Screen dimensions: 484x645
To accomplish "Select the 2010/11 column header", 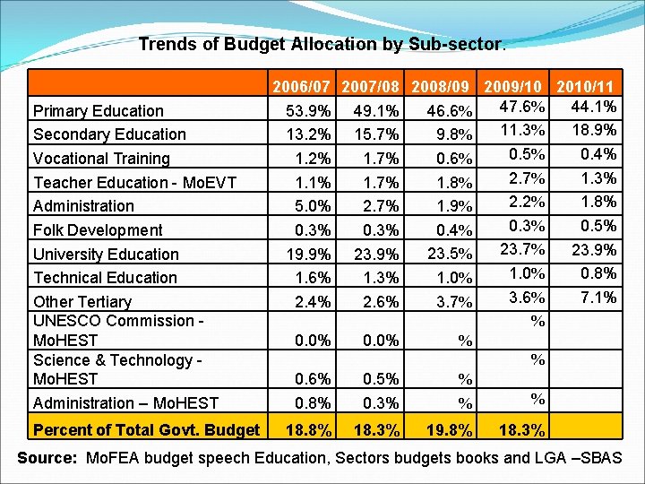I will pyautogui.click(x=585, y=88).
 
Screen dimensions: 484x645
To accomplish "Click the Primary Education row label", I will pyautogui.click(x=99, y=111).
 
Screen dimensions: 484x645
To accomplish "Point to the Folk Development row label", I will pyautogui.click(x=98, y=230).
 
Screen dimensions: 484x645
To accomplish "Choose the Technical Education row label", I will pyautogui.click(x=105, y=278).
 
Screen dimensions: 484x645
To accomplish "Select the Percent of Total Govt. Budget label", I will pyautogui.click(x=147, y=429).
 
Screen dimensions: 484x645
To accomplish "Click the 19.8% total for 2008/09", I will pyautogui.click(x=451, y=431).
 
